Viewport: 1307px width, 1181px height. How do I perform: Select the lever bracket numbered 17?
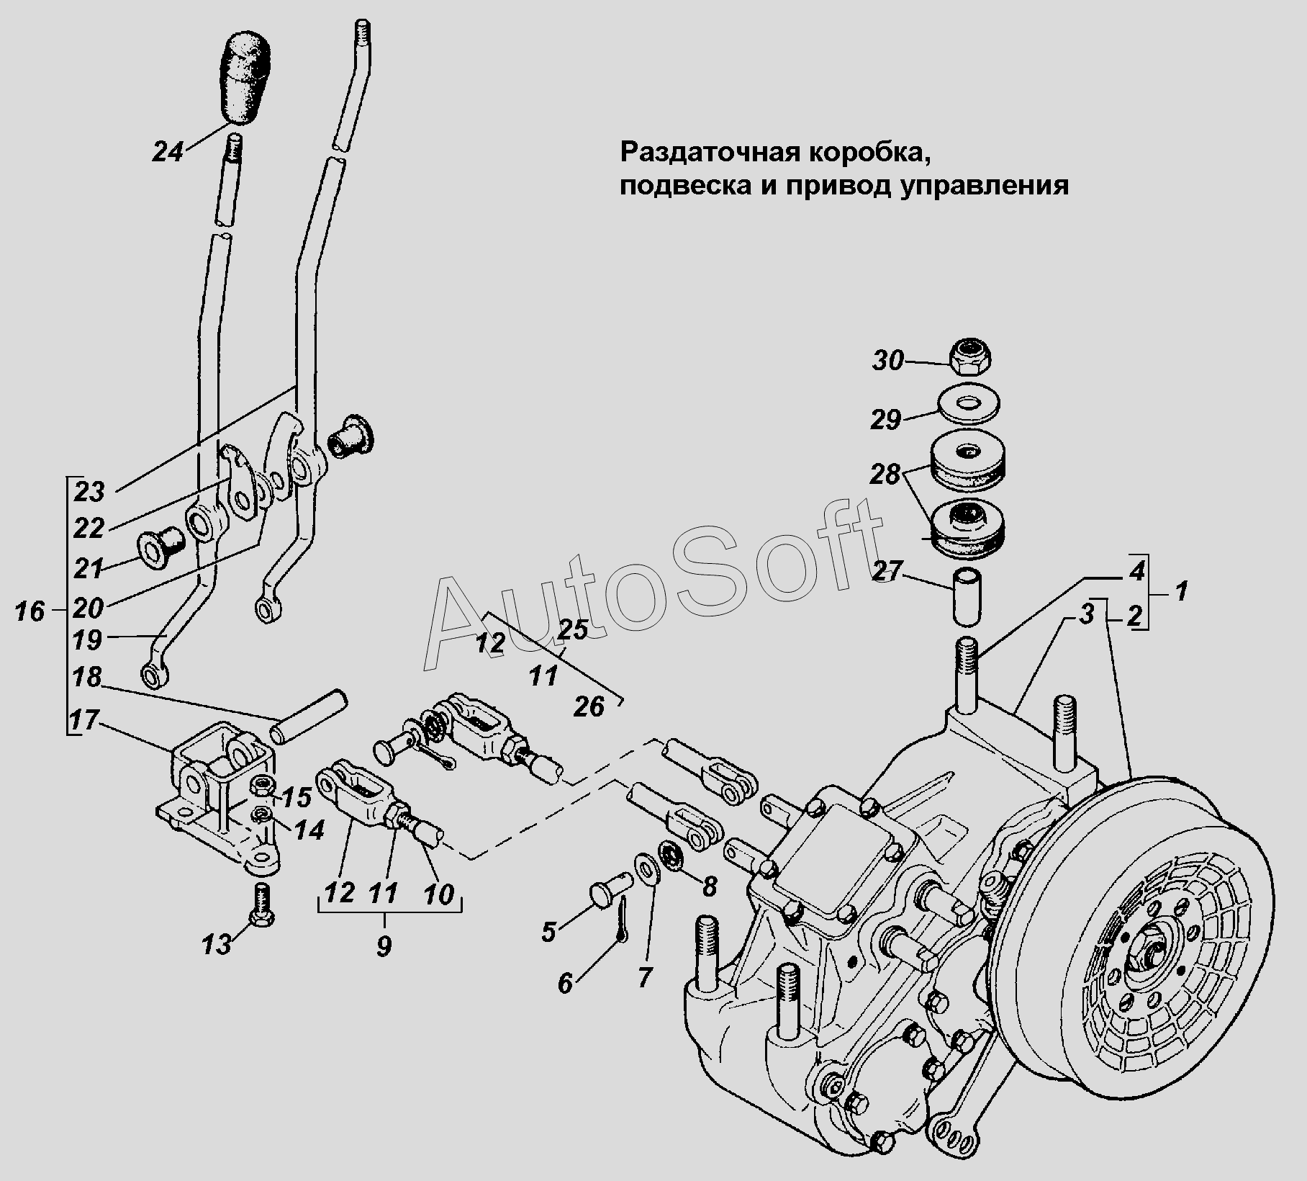(x=217, y=798)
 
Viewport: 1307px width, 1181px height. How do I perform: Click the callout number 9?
(x=384, y=945)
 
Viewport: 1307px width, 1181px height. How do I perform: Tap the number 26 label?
(x=589, y=707)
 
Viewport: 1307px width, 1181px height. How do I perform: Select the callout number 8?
(x=709, y=886)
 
